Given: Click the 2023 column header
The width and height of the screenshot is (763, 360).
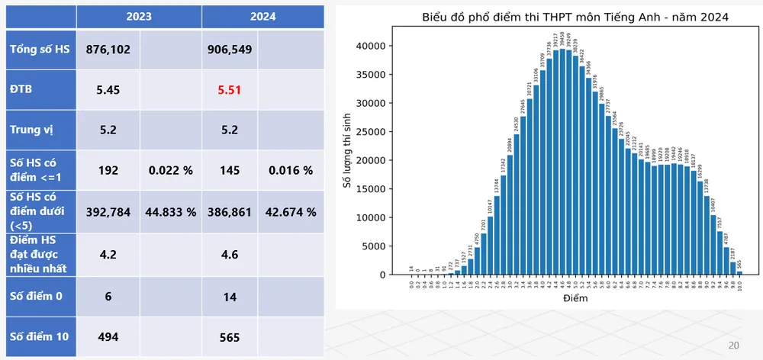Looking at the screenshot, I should click(140, 15).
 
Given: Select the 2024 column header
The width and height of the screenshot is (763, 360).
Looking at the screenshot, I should click(262, 15).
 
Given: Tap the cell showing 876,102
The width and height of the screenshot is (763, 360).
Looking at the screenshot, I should click(108, 50).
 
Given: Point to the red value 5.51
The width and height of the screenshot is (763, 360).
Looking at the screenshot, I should click(229, 89).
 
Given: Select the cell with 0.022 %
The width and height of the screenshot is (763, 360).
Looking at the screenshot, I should click(171, 170).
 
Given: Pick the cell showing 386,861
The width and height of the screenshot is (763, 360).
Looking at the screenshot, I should click(229, 211).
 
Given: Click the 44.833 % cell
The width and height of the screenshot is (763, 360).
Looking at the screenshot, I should click(171, 211).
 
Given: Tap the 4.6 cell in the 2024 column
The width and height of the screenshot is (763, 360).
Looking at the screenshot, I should click(229, 255).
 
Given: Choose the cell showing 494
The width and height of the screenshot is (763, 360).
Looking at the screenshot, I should click(108, 337).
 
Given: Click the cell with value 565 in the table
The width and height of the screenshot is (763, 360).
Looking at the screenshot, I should click(229, 337).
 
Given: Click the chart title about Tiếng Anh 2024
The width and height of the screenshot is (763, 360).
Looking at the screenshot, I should click(564, 16).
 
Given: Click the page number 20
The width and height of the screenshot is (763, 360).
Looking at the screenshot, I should click(734, 345).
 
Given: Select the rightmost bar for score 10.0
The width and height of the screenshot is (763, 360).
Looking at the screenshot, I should click(739, 272).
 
